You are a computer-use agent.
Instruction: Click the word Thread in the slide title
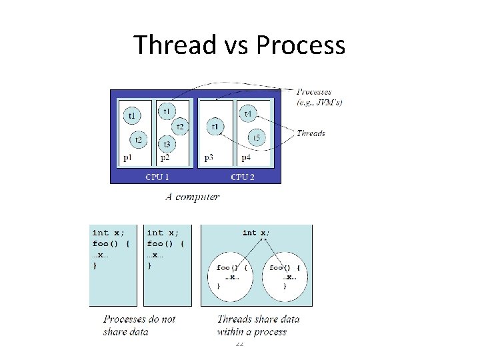[x=175, y=45]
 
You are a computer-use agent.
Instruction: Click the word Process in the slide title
[x=300, y=45]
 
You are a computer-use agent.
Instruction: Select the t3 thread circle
[x=167, y=144]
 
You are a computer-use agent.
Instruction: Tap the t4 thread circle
[x=248, y=115]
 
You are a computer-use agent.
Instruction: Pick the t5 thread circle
[x=257, y=138]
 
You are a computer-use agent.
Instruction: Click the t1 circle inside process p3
[x=215, y=127]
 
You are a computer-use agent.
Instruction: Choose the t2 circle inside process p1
[x=138, y=140]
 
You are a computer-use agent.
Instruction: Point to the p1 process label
[x=128, y=159]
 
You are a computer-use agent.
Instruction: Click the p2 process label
[x=165, y=159]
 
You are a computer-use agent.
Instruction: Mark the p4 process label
[x=246, y=159]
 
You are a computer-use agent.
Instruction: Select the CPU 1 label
[x=157, y=177]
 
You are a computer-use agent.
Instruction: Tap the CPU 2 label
[x=243, y=177]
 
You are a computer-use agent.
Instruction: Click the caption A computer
[x=192, y=197]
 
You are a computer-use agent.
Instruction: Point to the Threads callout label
[x=311, y=133]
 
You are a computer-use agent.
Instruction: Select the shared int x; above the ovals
[x=257, y=233]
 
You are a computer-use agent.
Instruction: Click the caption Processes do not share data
[x=139, y=325]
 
